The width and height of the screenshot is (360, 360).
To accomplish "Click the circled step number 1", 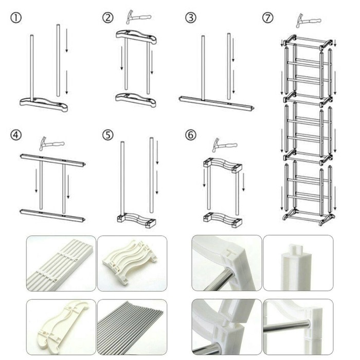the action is pos(16,18).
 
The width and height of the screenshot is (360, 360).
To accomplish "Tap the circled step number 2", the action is pos(107,17).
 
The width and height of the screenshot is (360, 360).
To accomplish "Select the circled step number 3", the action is pos(191,17).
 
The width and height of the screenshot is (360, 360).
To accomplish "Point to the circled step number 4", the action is pos(16,135).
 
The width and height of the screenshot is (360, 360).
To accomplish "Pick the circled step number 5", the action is pos(107,135).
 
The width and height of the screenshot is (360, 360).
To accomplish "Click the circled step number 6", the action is pos(191,135).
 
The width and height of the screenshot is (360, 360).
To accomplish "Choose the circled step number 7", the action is pos(268,17).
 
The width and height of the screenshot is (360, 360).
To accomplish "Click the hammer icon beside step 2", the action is pos(138,17).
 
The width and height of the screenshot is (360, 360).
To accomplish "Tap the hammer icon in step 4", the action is pos(51,143).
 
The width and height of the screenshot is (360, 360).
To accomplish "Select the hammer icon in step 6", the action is pos(225,145).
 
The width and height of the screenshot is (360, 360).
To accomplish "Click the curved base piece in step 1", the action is pos(44,104).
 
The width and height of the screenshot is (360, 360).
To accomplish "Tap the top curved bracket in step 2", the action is pos(136,37).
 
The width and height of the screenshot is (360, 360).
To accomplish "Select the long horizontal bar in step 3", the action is pos(217,103).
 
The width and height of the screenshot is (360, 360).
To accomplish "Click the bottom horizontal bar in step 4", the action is pos(52,215).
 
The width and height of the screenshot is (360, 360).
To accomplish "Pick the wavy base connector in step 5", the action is pos(136,220).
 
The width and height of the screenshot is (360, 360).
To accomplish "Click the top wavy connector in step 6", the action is pos(223,165).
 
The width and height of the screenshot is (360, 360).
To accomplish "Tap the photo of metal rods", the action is pos(132,327).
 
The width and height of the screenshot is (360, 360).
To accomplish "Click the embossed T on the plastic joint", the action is pos(229,253).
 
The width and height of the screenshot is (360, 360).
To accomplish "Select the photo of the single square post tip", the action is pos(298,263).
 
